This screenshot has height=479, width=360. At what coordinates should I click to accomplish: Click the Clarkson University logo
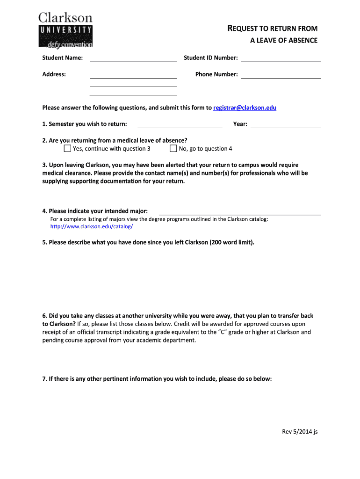pos(65,30)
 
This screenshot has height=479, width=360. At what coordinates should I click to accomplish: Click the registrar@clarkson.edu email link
pos(245,108)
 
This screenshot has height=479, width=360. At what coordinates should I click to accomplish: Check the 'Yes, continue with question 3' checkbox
pos(67,149)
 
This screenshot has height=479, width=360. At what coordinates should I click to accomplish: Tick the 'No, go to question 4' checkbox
pos(173,149)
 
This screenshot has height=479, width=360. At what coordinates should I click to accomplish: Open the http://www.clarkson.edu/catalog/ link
pos(92,226)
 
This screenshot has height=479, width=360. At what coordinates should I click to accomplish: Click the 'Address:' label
pos(54,74)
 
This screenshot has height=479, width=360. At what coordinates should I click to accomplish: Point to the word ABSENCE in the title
pos(302,41)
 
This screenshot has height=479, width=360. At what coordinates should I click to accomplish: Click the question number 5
pos(44,242)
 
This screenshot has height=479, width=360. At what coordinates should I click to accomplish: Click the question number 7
pos(44,379)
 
